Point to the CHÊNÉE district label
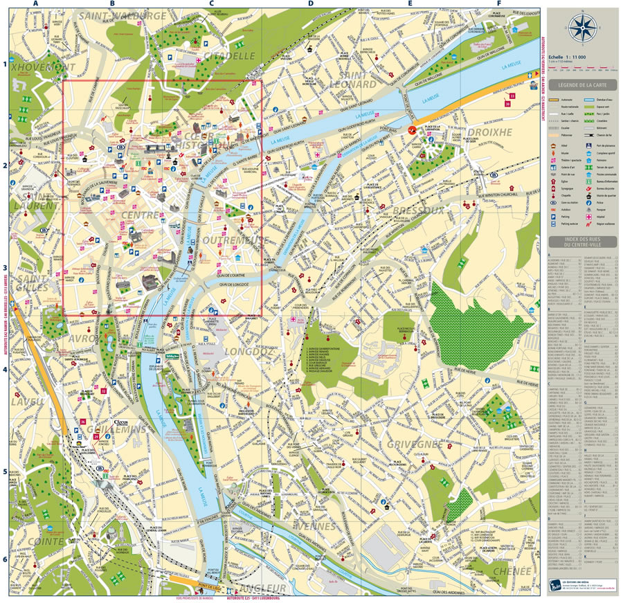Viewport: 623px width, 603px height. [x=512, y=572]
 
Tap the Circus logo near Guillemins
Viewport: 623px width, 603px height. [x=122, y=420]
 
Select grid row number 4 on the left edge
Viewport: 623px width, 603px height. [x=4, y=369]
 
